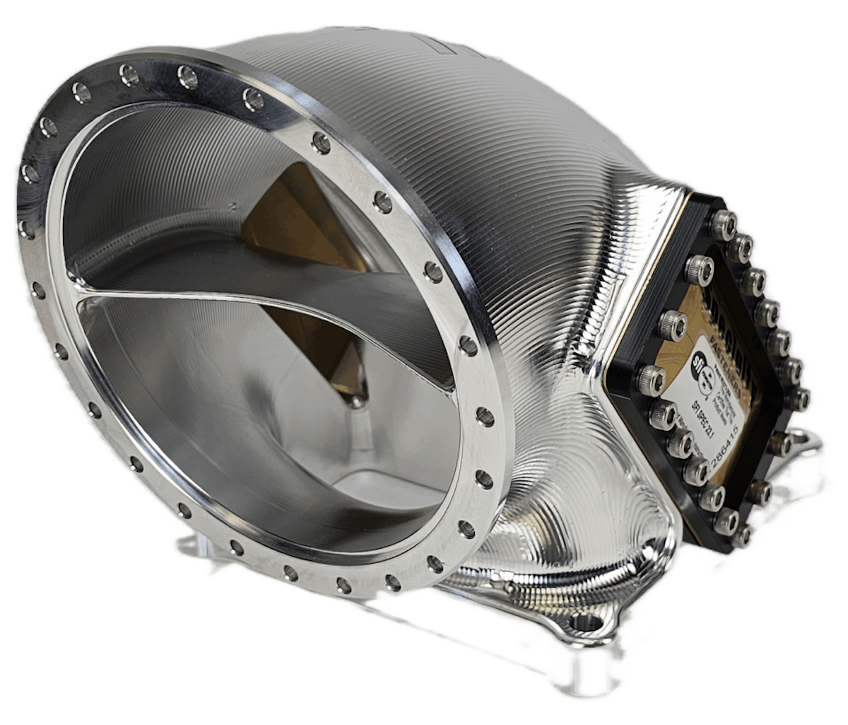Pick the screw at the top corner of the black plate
pyautogui.click(x=722, y=224)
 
